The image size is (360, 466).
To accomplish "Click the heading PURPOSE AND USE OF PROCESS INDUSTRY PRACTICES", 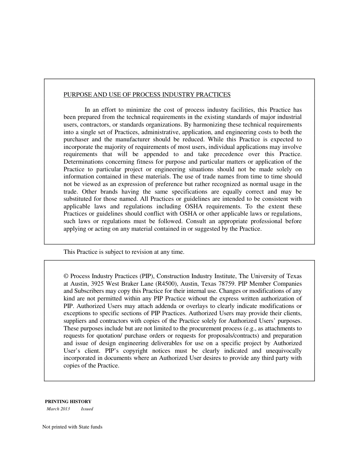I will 147,95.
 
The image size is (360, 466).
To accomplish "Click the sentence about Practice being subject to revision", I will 124,252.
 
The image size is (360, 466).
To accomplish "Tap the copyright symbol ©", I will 66,276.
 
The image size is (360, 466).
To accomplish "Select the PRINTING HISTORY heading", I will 68,402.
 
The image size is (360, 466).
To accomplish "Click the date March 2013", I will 58,409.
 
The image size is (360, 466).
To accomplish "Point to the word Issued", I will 87,409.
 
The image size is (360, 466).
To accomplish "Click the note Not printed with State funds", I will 72,427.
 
